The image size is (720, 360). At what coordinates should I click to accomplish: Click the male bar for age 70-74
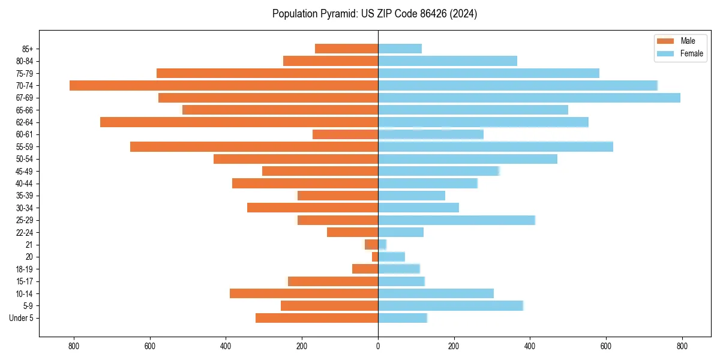[x=224, y=85]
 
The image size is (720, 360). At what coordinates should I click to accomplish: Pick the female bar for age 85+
[x=400, y=49]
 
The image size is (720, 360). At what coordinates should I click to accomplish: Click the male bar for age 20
[x=375, y=257]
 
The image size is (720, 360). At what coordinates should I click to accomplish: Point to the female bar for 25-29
[x=456, y=220]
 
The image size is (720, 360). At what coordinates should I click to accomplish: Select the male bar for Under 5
[x=317, y=318]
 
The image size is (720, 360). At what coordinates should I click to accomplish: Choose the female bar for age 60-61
[x=431, y=134]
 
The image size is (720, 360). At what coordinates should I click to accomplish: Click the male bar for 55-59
[x=254, y=146]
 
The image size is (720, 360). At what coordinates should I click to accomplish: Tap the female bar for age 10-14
[x=436, y=293]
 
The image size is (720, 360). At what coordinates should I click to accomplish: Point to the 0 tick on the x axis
[x=378, y=346]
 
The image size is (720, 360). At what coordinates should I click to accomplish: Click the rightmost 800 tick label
[x=682, y=346]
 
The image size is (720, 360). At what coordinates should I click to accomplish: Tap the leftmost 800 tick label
[x=74, y=346]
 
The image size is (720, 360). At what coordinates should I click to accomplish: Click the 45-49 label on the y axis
[x=25, y=171]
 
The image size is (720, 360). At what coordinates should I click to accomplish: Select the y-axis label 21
[x=29, y=245]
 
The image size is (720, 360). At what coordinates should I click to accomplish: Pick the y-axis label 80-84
[x=25, y=61]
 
